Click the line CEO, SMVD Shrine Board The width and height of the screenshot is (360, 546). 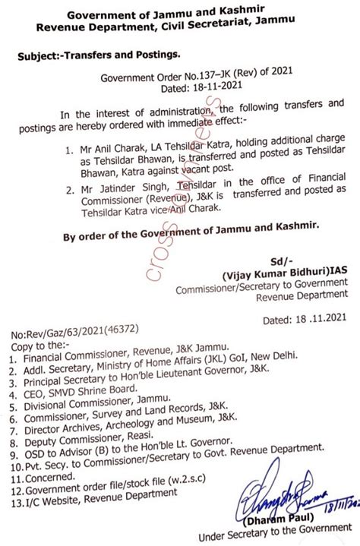(75, 383)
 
